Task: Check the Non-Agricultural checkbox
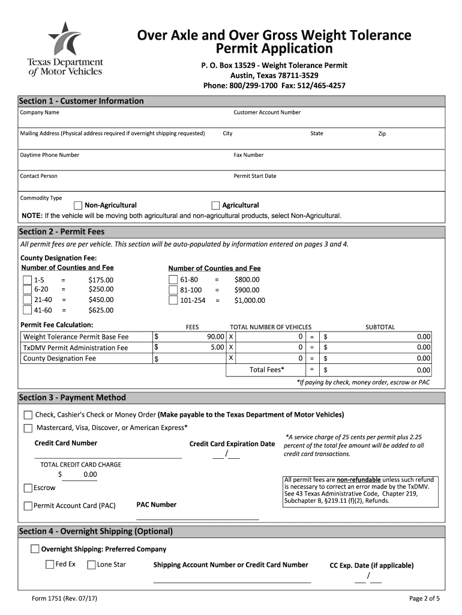click(x=78, y=205)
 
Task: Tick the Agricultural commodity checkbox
click(x=217, y=205)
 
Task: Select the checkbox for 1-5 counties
click(x=28, y=280)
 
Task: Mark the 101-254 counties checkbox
click(x=173, y=300)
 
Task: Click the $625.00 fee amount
click(x=100, y=311)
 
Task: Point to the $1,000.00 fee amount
click(x=249, y=300)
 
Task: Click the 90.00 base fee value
click(x=215, y=337)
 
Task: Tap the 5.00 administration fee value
click(x=217, y=347)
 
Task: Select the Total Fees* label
click(x=267, y=369)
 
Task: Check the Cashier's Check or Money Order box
click(x=28, y=415)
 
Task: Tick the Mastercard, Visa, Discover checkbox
click(x=28, y=428)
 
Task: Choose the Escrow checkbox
click(x=28, y=488)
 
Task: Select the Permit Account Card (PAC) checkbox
click(x=28, y=506)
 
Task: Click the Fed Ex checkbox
click(x=50, y=565)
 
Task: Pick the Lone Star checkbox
click(x=91, y=565)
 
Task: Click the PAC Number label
click(x=156, y=504)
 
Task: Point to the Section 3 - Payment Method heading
click(x=73, y=398)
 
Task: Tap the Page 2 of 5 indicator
click(x=424, y=598)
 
